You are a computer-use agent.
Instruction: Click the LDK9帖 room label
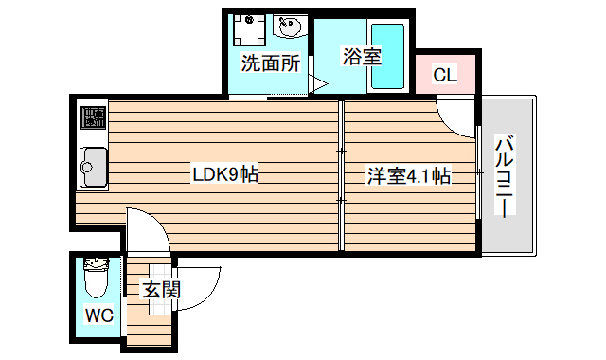[226, 174]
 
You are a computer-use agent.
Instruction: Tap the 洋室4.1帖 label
[408, 175]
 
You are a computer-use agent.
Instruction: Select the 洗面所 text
[270, 64]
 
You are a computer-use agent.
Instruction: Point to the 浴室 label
[361, 56]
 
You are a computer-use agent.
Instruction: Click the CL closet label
[445, 75]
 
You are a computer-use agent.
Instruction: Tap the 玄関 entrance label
[161, 290]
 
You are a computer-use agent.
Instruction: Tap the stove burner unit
[93, 118]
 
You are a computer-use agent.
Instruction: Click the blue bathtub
[387, 57]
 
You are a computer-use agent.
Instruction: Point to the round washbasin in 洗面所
[289, 27]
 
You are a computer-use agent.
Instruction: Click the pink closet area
[445, 74]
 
